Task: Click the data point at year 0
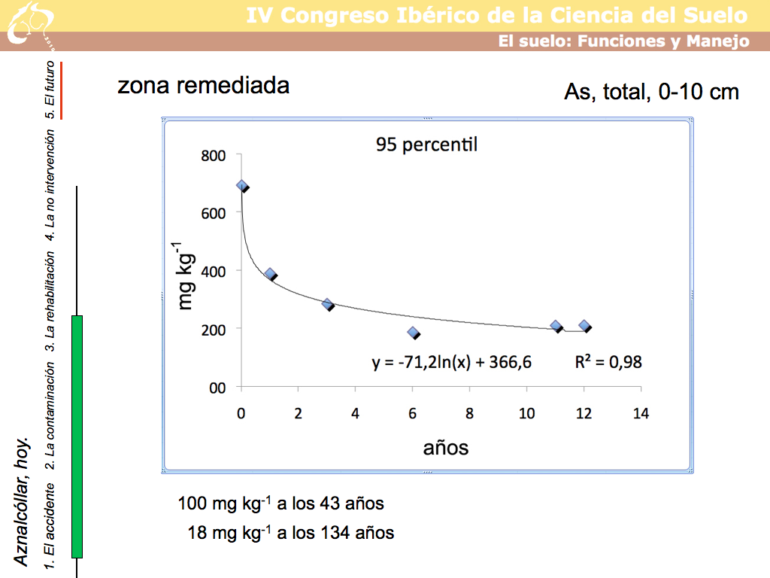tap(241, 185)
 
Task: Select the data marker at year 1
tap(270, 274)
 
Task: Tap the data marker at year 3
tap(327, 304)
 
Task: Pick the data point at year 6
tap(413, 332)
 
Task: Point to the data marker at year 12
tap(584, 326)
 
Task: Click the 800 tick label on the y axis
tap(211, 155)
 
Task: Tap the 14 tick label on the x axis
tap(641, 413)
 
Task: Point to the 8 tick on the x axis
tap(469, 413)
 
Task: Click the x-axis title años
tap(446, 448)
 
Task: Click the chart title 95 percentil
tap(426, 144)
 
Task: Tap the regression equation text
tap(451, 362)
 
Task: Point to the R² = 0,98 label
tap(608, 362)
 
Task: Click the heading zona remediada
tap(203, 86)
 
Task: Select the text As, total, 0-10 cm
tap(651, 92)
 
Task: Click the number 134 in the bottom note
tap(336, 533)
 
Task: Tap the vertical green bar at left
tap(77, 437)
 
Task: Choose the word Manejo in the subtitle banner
tap(717, 41)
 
